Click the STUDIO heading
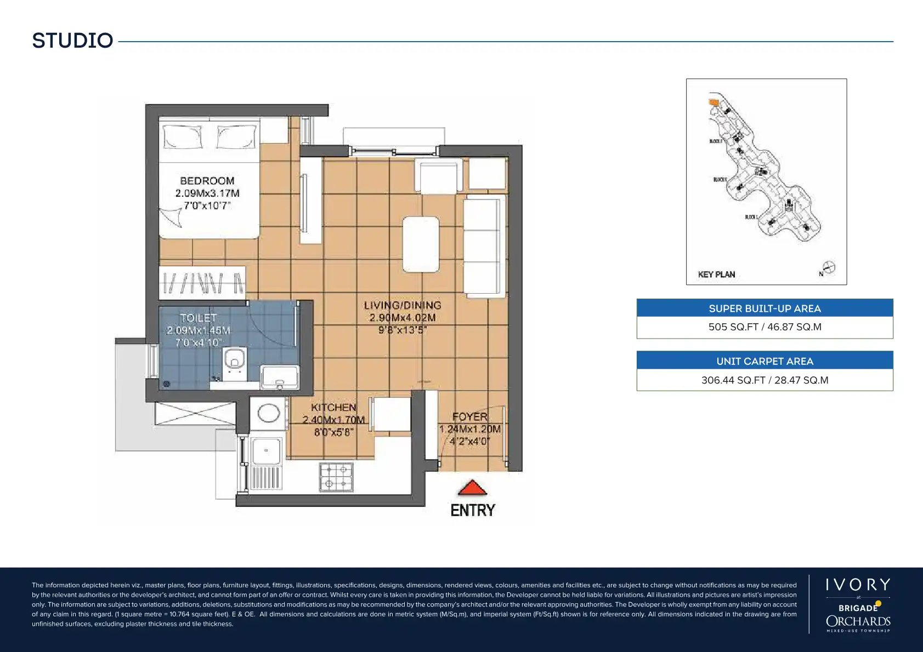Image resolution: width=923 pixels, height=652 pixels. (72, 41)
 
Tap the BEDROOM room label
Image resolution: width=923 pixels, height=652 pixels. (207, 181)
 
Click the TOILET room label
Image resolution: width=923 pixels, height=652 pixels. (198, 318)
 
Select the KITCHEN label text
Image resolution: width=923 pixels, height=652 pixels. (333, 407)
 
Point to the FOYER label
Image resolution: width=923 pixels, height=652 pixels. (469, 417)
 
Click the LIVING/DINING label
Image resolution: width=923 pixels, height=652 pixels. (403, 305)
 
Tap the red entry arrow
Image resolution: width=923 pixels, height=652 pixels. (472, 488)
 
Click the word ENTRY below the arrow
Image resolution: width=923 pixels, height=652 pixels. (472, 510)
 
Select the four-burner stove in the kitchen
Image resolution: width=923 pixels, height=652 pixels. (336, 477)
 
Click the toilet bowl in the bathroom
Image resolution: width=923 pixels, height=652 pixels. (235, 359)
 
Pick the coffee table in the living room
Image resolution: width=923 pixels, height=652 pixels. (421, 244)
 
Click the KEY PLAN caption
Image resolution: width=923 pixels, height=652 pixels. (716, 274)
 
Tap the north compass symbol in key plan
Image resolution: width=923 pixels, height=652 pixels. (828, 268)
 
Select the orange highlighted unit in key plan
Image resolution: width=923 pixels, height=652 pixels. (714, 102)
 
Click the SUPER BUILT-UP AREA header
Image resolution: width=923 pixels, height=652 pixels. (765, 308)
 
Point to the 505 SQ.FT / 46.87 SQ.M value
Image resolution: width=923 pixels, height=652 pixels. (765, 327)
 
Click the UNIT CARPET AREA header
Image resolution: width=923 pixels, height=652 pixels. (765, 361)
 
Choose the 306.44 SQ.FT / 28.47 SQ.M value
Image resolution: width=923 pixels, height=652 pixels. (765, 380)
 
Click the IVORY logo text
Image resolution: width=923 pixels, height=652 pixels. (858, 585)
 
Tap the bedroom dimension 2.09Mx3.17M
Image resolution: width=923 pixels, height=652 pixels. (207, 193)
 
